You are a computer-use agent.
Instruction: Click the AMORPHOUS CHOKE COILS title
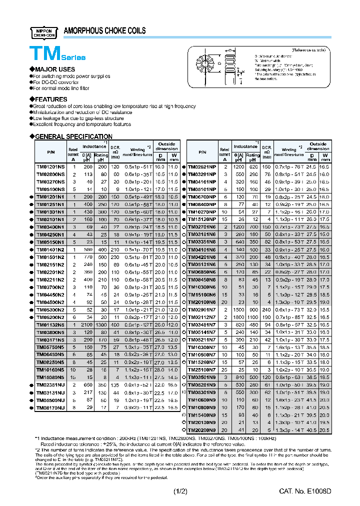tap(104, 31)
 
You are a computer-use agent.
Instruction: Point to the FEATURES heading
tap(50, 99)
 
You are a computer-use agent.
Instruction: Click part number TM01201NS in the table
tap(50, 166)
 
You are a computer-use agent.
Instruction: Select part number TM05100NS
tap(50, 189)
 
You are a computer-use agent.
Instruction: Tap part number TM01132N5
tap(50, 325)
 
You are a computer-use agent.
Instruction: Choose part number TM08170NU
tap(50, 408)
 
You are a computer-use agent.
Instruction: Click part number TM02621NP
tap(202, 166)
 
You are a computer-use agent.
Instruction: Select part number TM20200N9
tap(202, 429)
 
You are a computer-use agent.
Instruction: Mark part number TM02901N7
tap(202, 310)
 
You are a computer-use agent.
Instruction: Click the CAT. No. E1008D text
tap(304, 491)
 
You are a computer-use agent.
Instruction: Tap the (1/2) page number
tap(180, 491)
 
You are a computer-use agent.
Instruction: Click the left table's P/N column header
tap(50, 151)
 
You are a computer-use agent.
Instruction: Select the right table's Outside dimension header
tap(318, 146)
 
